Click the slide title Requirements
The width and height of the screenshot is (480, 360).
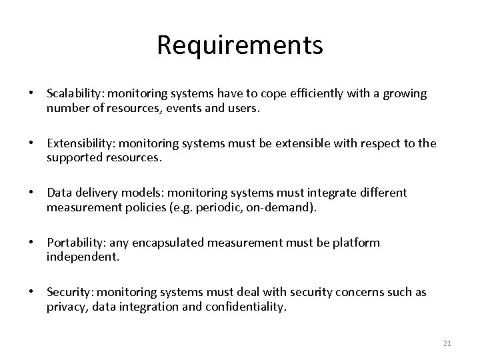pos(240,45)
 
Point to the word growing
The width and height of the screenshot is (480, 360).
pos(403,93)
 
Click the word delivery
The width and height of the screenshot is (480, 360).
pos(96,193)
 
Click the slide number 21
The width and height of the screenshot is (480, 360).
pos(447,343)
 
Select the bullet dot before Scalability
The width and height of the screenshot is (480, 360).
pos(31,94)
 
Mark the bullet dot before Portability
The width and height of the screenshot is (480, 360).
pos(31,243)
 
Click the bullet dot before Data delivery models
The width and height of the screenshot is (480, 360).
pos(31,193)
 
